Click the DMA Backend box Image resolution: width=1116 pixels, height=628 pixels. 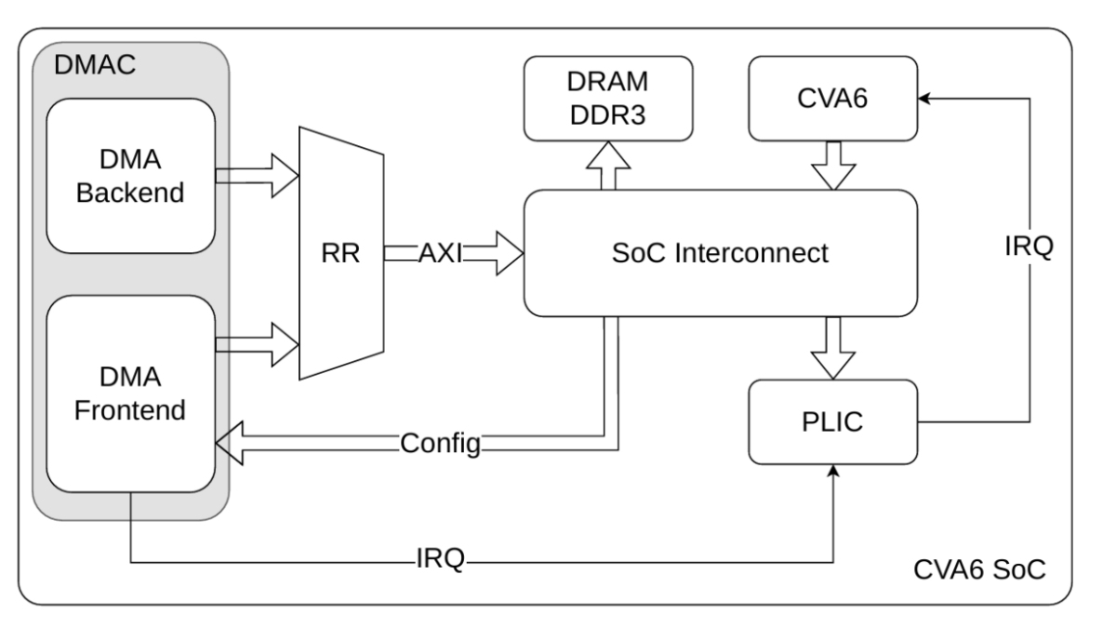point(131,177)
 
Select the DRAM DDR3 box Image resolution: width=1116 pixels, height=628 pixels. point(608,96)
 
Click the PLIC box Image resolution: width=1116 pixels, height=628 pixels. point(833,421)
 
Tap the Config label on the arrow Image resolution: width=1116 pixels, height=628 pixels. point(440,443)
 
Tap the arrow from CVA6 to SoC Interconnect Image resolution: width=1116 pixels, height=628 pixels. point(833,164)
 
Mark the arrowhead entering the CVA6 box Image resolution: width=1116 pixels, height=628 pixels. point(925,96)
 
